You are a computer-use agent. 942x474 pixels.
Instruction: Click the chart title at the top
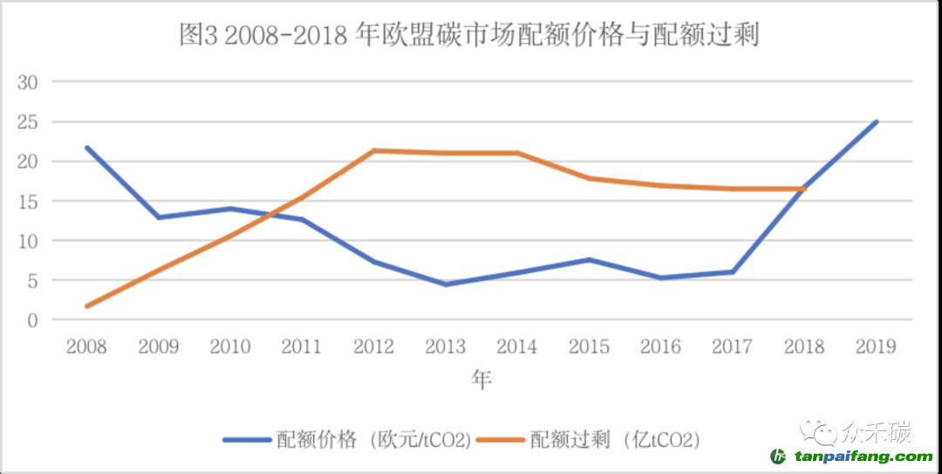469,35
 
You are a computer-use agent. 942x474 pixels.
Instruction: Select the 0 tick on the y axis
34,320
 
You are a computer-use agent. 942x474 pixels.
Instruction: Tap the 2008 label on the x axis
85,347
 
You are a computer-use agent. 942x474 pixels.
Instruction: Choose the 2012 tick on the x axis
373,347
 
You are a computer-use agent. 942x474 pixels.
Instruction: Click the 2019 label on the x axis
876,347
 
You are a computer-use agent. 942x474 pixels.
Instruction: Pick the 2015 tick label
589,347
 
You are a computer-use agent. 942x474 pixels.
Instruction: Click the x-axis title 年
481,381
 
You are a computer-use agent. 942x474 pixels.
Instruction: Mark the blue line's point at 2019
876,121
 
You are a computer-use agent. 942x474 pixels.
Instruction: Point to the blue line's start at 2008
86,148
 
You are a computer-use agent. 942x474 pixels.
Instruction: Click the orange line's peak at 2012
373,150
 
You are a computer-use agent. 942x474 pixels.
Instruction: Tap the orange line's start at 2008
86,306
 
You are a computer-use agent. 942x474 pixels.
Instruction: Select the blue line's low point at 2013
446,285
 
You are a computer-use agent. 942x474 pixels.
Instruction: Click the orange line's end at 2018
803,189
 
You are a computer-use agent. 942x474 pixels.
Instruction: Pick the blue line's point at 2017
732,271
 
